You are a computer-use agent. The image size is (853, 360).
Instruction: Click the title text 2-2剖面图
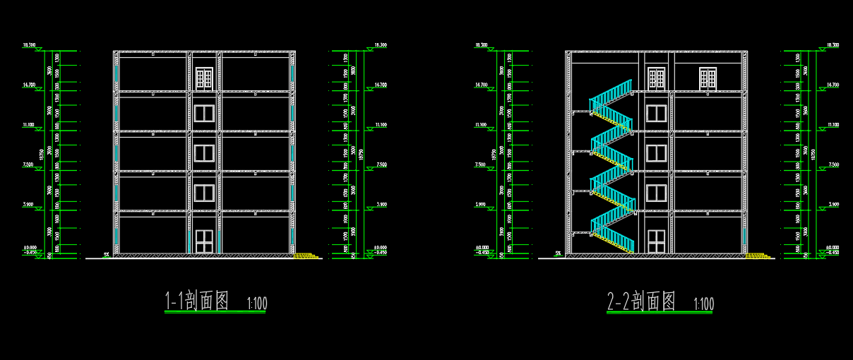click(641, 301)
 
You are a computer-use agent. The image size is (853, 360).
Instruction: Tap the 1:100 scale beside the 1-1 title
click(257, 304)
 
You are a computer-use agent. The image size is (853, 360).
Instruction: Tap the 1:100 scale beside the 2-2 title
click(704, 304)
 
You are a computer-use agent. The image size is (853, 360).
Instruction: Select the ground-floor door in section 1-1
click(204, 241)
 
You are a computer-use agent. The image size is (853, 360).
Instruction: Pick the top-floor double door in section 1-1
click(204, 78)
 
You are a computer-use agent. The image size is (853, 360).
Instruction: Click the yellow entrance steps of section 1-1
click(306, 255)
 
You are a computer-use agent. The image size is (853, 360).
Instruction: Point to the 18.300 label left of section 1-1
click(30, 45)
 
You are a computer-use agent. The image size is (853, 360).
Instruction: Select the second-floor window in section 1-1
click(204, 193)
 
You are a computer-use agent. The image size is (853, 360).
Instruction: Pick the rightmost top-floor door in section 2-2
click(708, 78)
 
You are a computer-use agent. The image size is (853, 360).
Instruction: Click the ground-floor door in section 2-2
click(656, 241)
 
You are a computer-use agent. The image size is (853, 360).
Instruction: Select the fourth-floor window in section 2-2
click(656, 113)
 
